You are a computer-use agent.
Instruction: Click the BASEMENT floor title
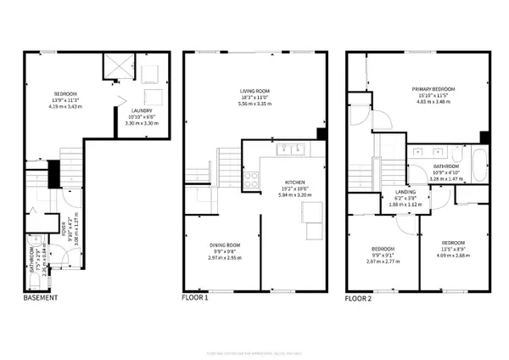40,298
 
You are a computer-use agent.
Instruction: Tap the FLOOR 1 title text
198,298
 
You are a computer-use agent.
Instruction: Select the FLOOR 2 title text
361,298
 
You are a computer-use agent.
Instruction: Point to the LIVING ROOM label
254,91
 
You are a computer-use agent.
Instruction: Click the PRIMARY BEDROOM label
433,88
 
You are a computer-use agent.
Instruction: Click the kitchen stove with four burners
252,179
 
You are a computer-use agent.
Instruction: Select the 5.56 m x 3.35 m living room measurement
254,104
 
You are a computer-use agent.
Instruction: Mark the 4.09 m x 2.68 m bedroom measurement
452,255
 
